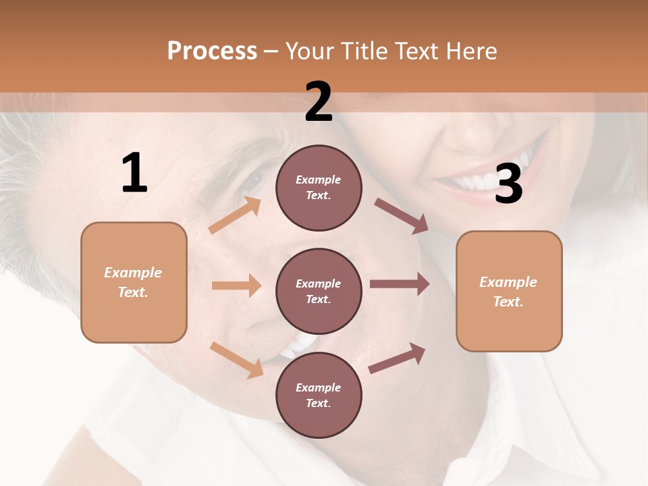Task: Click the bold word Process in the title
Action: pos(212,51)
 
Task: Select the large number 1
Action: pos(134,173)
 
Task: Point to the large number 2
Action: pos(319,102)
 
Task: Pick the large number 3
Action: pos(508,185)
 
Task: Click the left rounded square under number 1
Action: pos(134,282)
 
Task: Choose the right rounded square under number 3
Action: pos(509,292)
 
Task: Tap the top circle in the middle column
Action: pos(319,188)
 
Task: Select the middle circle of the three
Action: pos(319,291)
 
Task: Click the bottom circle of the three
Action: pos(319,395)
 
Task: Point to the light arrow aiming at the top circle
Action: pos(235,215)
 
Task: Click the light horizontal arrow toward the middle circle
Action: pos(236,286)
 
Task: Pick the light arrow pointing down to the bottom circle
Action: pos(236,359)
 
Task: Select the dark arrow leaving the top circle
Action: pos(401,216)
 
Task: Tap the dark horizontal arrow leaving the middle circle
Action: pos(399,284)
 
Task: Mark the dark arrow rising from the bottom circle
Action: pos(397,358)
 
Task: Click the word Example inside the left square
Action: pos(133,273)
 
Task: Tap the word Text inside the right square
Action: pos(508,302)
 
